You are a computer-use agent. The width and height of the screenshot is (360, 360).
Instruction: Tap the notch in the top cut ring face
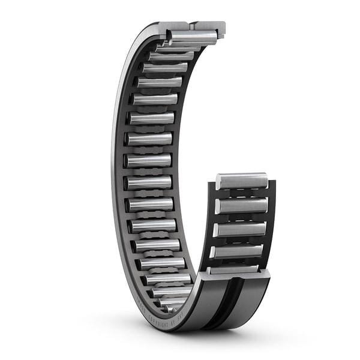191,26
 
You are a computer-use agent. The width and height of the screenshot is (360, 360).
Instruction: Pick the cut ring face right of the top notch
209,26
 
